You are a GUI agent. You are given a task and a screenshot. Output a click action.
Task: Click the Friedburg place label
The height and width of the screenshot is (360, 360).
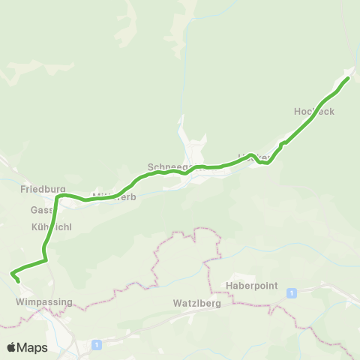(x=43, y=190)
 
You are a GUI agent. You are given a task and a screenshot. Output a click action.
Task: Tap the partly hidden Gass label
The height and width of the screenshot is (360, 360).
(x=40, y=210)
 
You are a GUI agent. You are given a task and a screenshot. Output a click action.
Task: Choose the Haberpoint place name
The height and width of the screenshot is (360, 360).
(x=251, y=286)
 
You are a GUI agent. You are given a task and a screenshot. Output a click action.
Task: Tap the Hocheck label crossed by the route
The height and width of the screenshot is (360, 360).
(x=313, y=111)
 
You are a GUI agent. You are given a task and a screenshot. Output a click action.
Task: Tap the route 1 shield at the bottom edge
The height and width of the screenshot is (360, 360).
(x=97, y=344)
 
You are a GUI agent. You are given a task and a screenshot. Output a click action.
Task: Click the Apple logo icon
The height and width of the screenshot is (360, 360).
(x=12, y=347)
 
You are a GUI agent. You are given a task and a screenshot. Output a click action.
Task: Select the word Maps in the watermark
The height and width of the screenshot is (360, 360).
(x=33, y=347)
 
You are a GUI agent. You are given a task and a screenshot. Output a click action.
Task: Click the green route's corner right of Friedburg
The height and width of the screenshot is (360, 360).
(x=61, y=196)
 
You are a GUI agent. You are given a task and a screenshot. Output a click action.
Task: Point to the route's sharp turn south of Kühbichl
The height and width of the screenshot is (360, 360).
(x=46, y=259)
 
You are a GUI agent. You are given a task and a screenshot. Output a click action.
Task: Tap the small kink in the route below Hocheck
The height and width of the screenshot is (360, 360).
(x=281, y=143)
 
